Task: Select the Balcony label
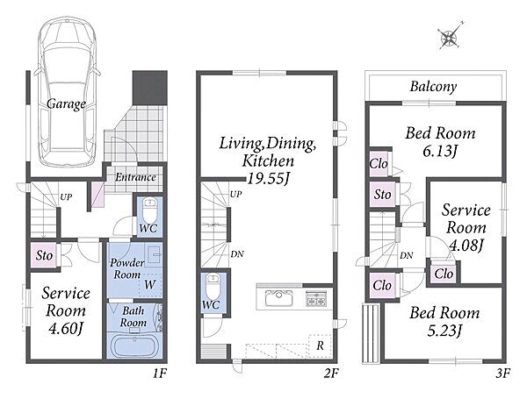(433, 87)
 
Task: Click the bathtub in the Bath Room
(134, 347)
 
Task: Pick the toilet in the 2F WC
(213, 286)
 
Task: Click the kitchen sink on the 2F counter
(279, 298)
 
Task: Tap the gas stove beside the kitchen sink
(316, 298)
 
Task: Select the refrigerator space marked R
(320, 346)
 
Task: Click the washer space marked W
(150, 285)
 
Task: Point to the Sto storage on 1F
(44, 255)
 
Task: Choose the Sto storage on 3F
(382, 194)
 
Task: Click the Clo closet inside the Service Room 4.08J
(444, 274)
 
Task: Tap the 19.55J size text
(268, 179)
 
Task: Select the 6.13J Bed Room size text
(440, 152)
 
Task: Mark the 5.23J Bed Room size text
(444, 331)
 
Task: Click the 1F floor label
(160, 374)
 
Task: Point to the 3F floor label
(503, 374)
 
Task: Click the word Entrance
(135, 177)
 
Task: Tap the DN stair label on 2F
(237, 254)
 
